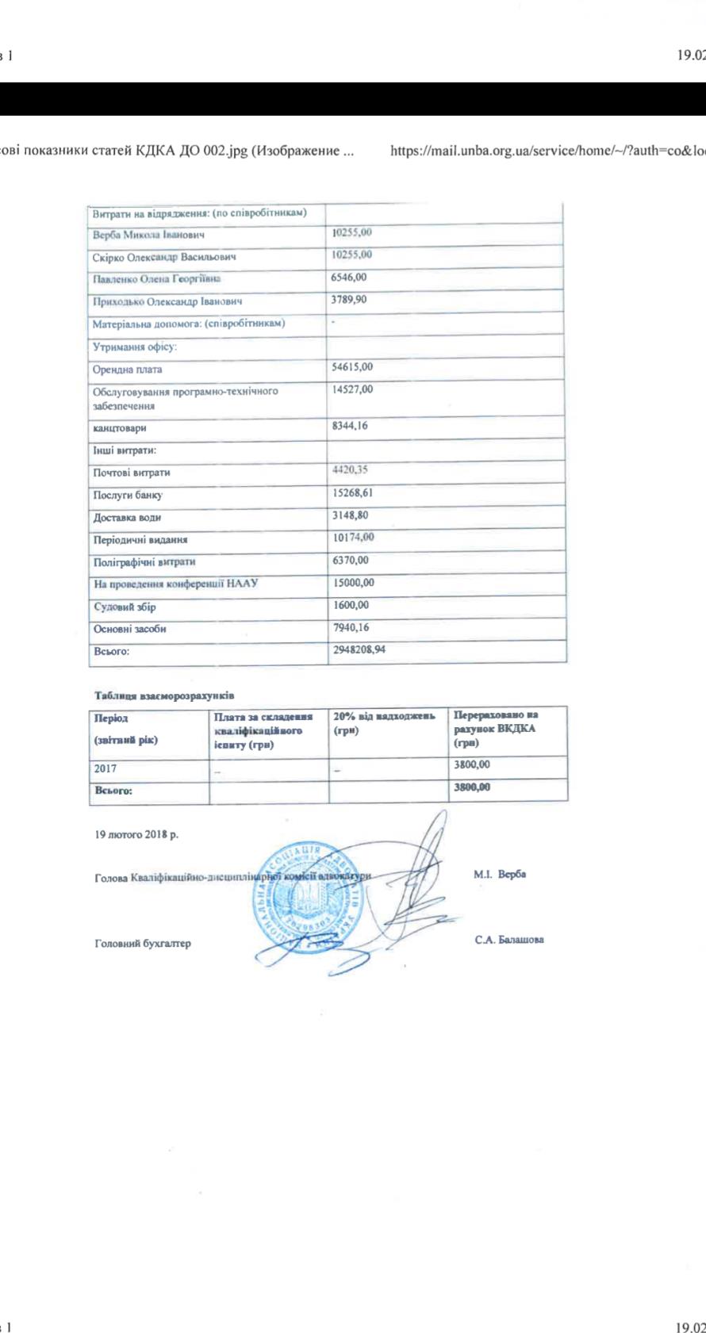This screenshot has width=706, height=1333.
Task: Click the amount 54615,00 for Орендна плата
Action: click(x=352, y=367)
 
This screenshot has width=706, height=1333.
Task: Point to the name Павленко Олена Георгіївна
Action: click(x=157, y=279)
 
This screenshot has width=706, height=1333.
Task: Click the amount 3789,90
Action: click(x=349, y=300)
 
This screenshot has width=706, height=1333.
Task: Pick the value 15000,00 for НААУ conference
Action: click(x=353, y=583)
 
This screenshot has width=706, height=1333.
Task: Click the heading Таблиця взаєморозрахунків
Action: click(x=164, y=695)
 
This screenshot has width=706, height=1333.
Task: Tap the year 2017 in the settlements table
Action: click(x=106, y=768)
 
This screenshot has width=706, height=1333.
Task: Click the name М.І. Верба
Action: click(x=500, y=875)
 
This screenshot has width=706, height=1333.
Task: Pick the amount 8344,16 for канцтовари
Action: click(x=350, y=426)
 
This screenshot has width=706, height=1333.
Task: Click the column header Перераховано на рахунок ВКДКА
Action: click(x=496, y=729)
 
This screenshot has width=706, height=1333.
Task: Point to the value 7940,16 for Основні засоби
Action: click(x=351, y=627)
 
